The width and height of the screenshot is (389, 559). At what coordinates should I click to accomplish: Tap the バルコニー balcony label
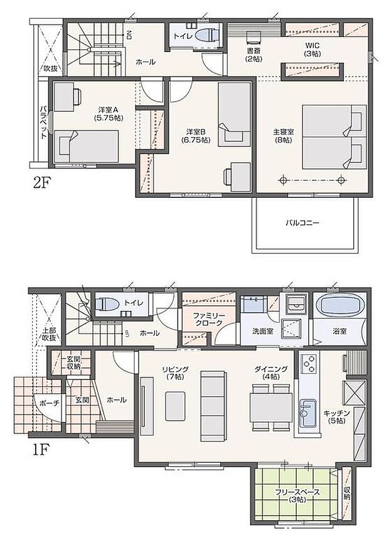point(303,222)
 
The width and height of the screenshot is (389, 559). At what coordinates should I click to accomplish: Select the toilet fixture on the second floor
point(205,36)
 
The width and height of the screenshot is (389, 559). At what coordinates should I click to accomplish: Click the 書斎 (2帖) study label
point(253,55)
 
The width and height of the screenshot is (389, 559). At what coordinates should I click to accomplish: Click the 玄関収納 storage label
point(73,362)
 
